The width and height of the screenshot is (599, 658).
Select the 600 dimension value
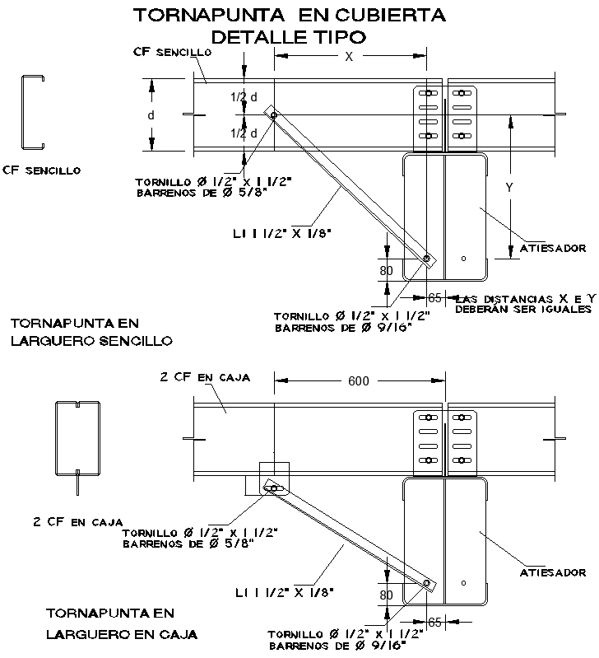click(359, 380)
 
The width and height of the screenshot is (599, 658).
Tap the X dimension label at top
click(348, 57)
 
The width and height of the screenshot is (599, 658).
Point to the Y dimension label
click(509, 188)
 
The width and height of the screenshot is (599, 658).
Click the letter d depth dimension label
click(151, 115)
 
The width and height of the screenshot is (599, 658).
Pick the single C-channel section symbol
click(32, 113)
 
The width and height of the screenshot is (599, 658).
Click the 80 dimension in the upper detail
click(387, 268)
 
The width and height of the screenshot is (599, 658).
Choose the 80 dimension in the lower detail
click(387, 594)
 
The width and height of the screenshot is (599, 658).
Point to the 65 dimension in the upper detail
click(435, 296)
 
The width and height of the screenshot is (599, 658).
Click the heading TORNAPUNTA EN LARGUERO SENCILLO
click(91, 331)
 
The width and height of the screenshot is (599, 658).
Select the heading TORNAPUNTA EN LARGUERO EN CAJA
click(122, 623)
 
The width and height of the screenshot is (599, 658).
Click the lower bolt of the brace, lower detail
click(427, 584)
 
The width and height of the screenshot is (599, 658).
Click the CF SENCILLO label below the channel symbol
click(41, 170)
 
